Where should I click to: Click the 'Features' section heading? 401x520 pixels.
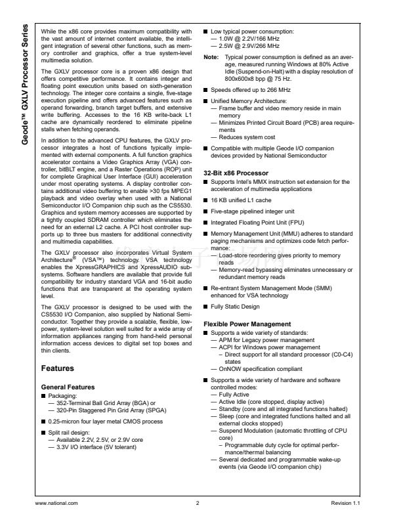pos(57,368)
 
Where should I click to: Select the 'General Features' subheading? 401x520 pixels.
pos(68,387)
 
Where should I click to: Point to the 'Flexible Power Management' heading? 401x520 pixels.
pos(247,324)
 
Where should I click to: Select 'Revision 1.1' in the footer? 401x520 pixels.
pos(347,502)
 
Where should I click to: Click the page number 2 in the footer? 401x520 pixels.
pos(197,502)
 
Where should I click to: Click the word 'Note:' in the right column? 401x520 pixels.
pos(211,57)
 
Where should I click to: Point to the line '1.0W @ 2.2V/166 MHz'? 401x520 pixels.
pos(245,39)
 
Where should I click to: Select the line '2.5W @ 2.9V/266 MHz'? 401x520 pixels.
pos(245,47)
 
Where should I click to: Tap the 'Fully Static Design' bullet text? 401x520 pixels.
pos(235,307)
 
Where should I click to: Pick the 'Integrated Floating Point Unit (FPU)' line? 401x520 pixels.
pos(257,224)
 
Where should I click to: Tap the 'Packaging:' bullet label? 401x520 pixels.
pos(62,396)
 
